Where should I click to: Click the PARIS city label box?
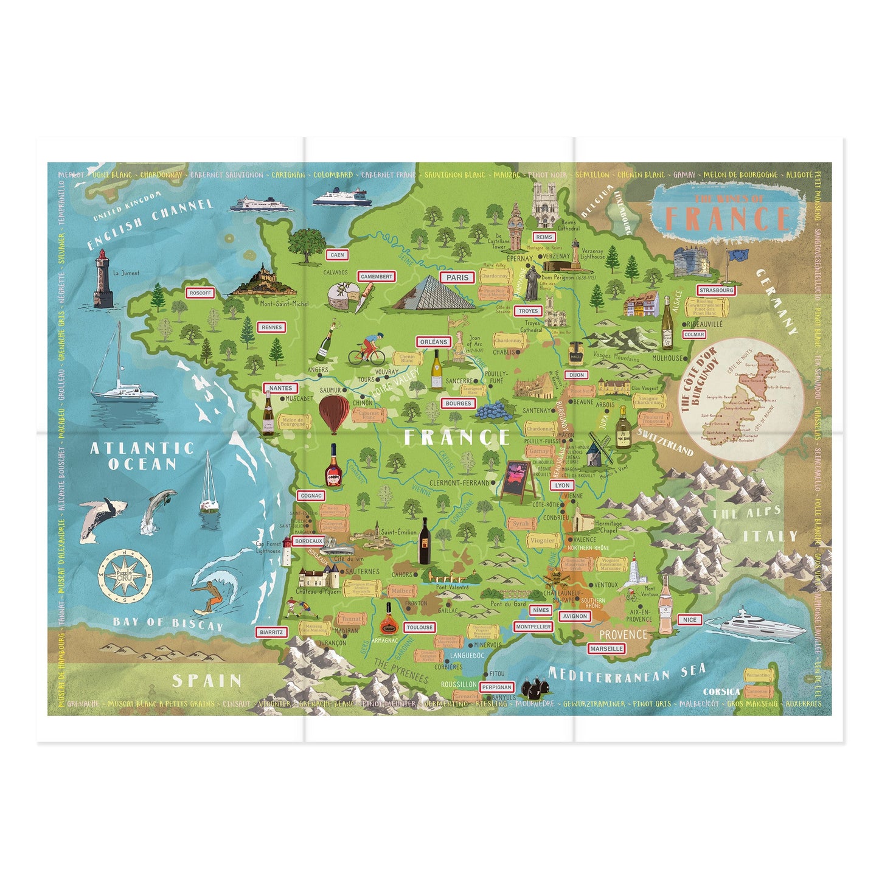(457, 277)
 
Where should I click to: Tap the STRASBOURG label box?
(716, 290)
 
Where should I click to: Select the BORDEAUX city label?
(308, 541)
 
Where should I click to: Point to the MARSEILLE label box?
(606, 648)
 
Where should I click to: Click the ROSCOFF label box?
(200, 293)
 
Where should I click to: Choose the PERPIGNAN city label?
(496, 687)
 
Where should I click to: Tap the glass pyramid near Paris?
(433, 293)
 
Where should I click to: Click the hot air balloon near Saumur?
(333, 413)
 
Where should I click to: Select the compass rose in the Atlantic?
(124, 575)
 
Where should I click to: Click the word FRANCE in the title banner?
(727, 218)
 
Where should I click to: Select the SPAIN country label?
(207, 680)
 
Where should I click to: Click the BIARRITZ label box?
(271, 632)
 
